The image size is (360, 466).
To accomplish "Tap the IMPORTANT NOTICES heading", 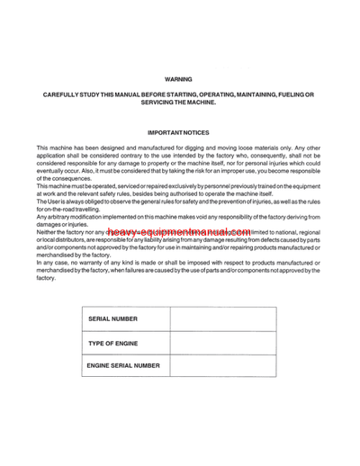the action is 178,132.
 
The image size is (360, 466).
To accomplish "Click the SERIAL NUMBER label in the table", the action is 113,318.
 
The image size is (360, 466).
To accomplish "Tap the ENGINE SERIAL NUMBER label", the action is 123,365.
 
